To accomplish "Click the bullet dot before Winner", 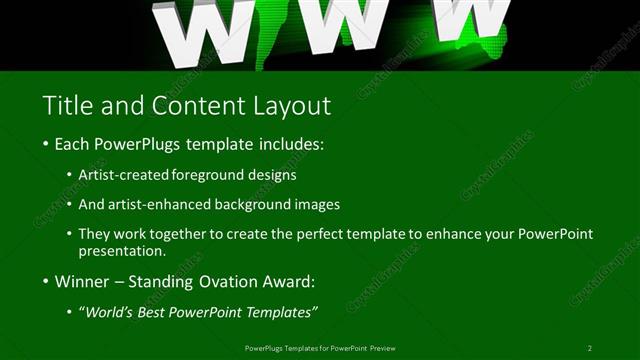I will [46, 282].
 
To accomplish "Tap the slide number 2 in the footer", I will [590, 348].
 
